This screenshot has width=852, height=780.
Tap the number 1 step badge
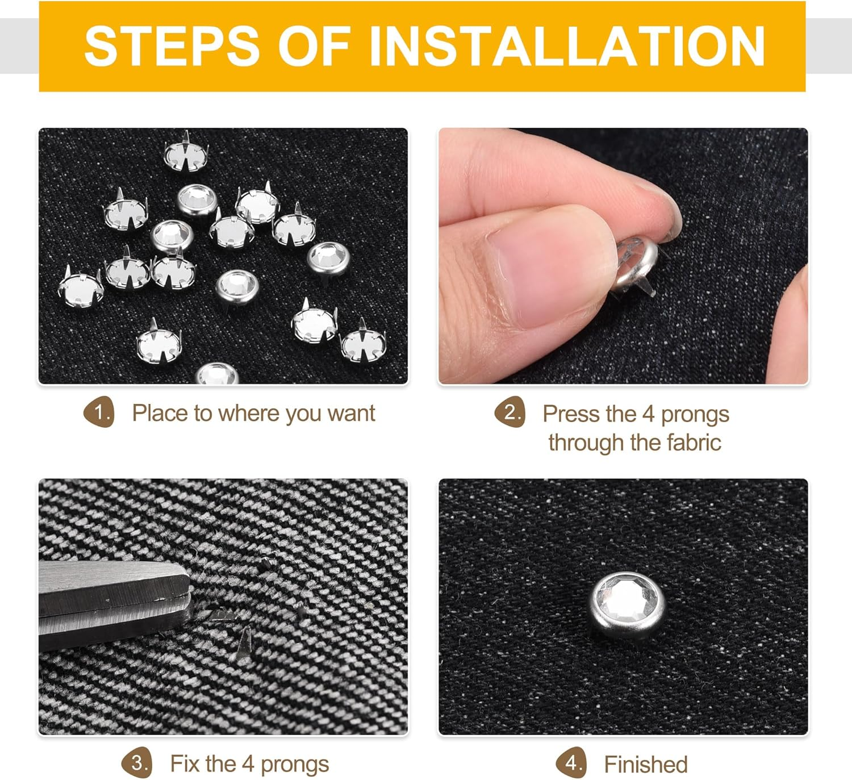coord(99,412)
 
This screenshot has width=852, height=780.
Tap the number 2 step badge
coord(509,412)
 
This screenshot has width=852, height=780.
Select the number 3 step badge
coord(137,763)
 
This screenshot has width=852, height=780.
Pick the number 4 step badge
coord(571,763)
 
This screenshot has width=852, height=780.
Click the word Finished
coord(646,765)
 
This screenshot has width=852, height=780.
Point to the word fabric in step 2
coord(694,442)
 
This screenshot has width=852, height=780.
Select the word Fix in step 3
coord(184,764)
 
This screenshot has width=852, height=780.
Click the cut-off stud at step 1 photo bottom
coord(217,374)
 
